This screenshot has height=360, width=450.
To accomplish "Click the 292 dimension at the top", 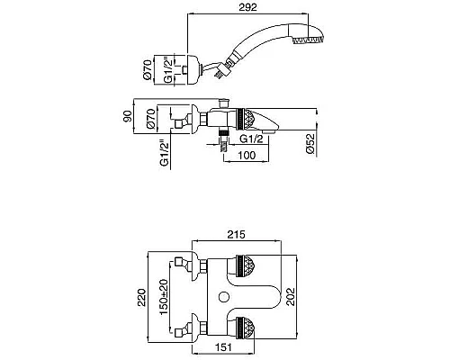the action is (247, 7).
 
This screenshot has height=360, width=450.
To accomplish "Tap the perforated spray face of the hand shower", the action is (308, 40).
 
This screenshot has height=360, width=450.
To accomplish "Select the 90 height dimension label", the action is (127, 116).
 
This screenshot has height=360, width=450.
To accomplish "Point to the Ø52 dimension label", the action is (311, 144).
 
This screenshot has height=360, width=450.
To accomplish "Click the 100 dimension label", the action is (247, 155).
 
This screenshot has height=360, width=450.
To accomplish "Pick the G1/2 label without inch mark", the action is (251, 139).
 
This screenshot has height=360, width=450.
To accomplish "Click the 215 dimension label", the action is (236, 234).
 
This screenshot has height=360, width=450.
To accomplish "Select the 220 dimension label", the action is (141, 297).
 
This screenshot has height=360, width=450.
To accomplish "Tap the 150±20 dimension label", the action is (164, 297).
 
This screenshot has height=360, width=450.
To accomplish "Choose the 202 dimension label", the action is (290, 297).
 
